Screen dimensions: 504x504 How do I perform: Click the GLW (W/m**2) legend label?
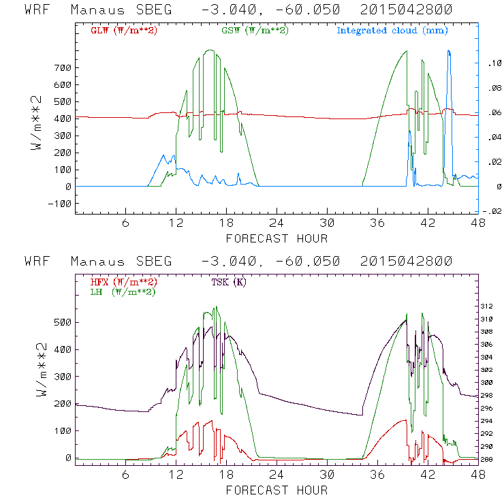click(x=124, y=31)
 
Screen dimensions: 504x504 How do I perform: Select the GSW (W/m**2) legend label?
click(x=254, y=31)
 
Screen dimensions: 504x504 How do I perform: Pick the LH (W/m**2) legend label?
click(x=122, y=292)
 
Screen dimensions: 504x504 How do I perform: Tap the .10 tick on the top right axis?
click(x=493, y=63)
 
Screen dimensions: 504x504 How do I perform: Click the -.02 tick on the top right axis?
click(x=493, y=211)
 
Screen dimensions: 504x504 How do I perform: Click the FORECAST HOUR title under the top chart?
click(x=277, y=238)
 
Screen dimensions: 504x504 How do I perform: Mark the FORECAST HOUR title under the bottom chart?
click(x=277, y=490)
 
